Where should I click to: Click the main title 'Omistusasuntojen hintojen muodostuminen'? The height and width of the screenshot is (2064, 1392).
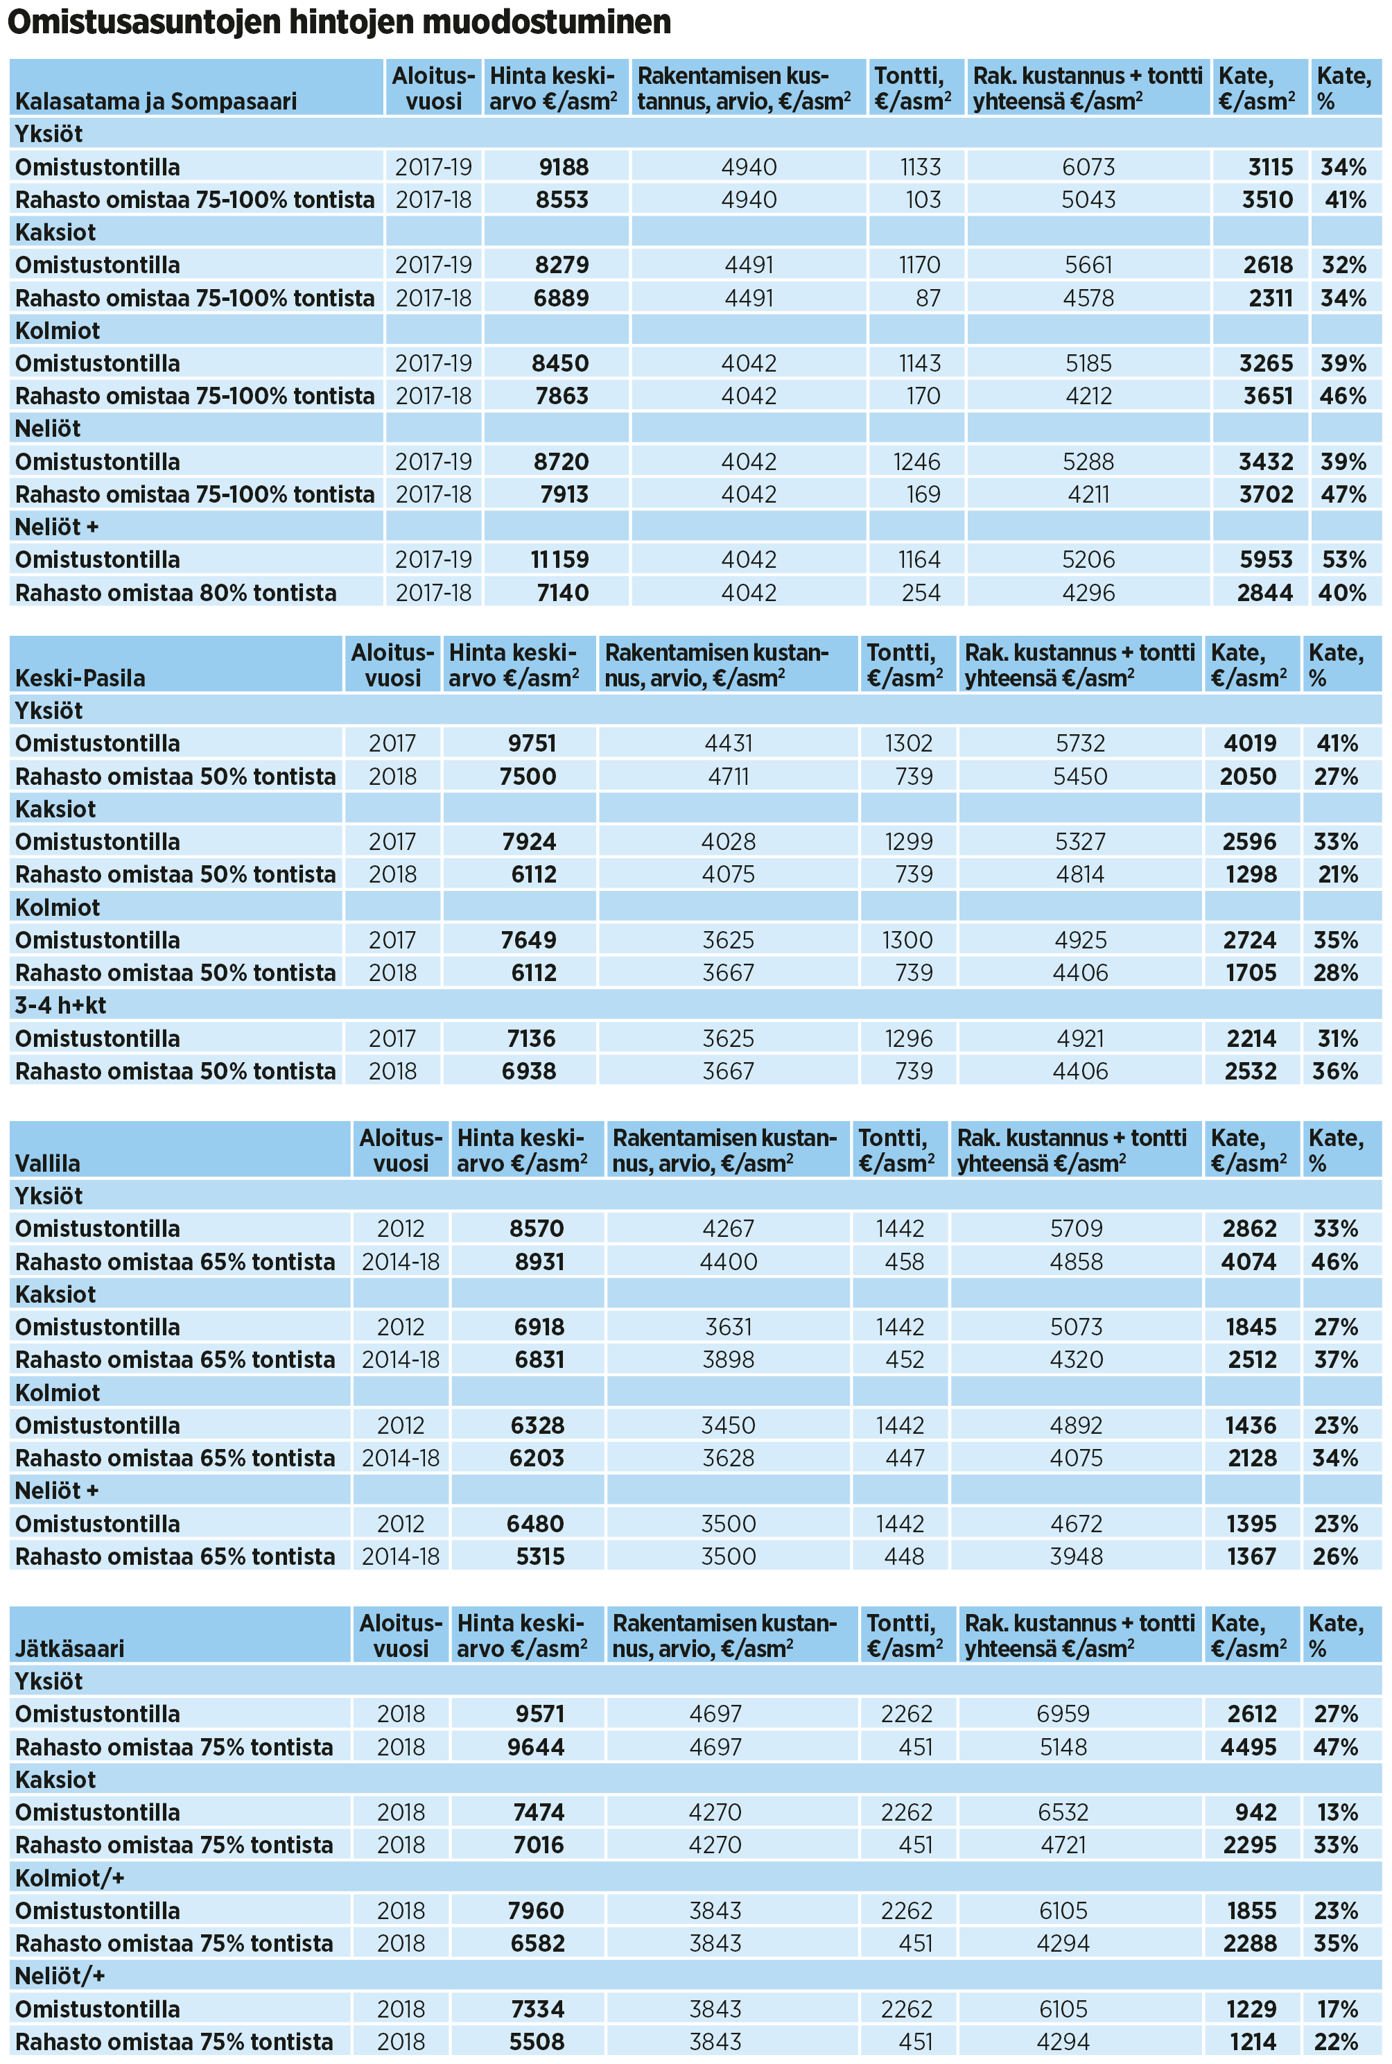(338, 21)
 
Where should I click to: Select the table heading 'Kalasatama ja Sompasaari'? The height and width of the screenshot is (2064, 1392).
(156, 101)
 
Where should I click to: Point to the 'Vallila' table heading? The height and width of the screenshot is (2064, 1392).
(48, 1163)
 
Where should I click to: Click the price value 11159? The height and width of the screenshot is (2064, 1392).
(559, 560)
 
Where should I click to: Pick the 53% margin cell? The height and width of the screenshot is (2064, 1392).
(1343, 560)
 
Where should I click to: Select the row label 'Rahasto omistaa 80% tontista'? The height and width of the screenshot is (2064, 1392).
(176, 593)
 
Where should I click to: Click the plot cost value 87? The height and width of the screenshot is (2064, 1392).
(928, 298)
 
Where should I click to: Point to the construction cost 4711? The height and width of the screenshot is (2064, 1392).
(728, 777)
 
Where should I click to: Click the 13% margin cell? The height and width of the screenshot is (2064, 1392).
(1336, 1812)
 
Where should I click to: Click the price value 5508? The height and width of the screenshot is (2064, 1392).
(536, 2041)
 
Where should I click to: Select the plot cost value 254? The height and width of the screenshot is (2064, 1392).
(921, 593)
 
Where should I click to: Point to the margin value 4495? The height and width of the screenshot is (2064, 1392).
(1249, 1746)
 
